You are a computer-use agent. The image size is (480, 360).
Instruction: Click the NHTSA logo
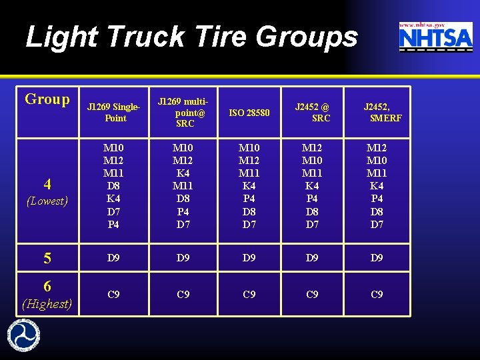[435, 39]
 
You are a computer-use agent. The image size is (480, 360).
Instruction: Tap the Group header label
[47, 99]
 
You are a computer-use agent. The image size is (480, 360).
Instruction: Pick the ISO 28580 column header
[249, 113]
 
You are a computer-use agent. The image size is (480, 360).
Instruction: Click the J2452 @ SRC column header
[312, 112]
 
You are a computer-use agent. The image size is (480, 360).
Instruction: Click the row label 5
[47, 258]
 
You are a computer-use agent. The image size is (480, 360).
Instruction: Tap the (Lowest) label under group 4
[47, 201]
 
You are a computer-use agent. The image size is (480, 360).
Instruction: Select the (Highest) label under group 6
[47, 304]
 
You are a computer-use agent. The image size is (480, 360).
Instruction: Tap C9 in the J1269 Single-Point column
[114, 294]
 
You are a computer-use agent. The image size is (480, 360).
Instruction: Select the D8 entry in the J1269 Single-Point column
[114, 186]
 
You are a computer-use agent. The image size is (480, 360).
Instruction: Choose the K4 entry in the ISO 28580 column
[249, 186]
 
